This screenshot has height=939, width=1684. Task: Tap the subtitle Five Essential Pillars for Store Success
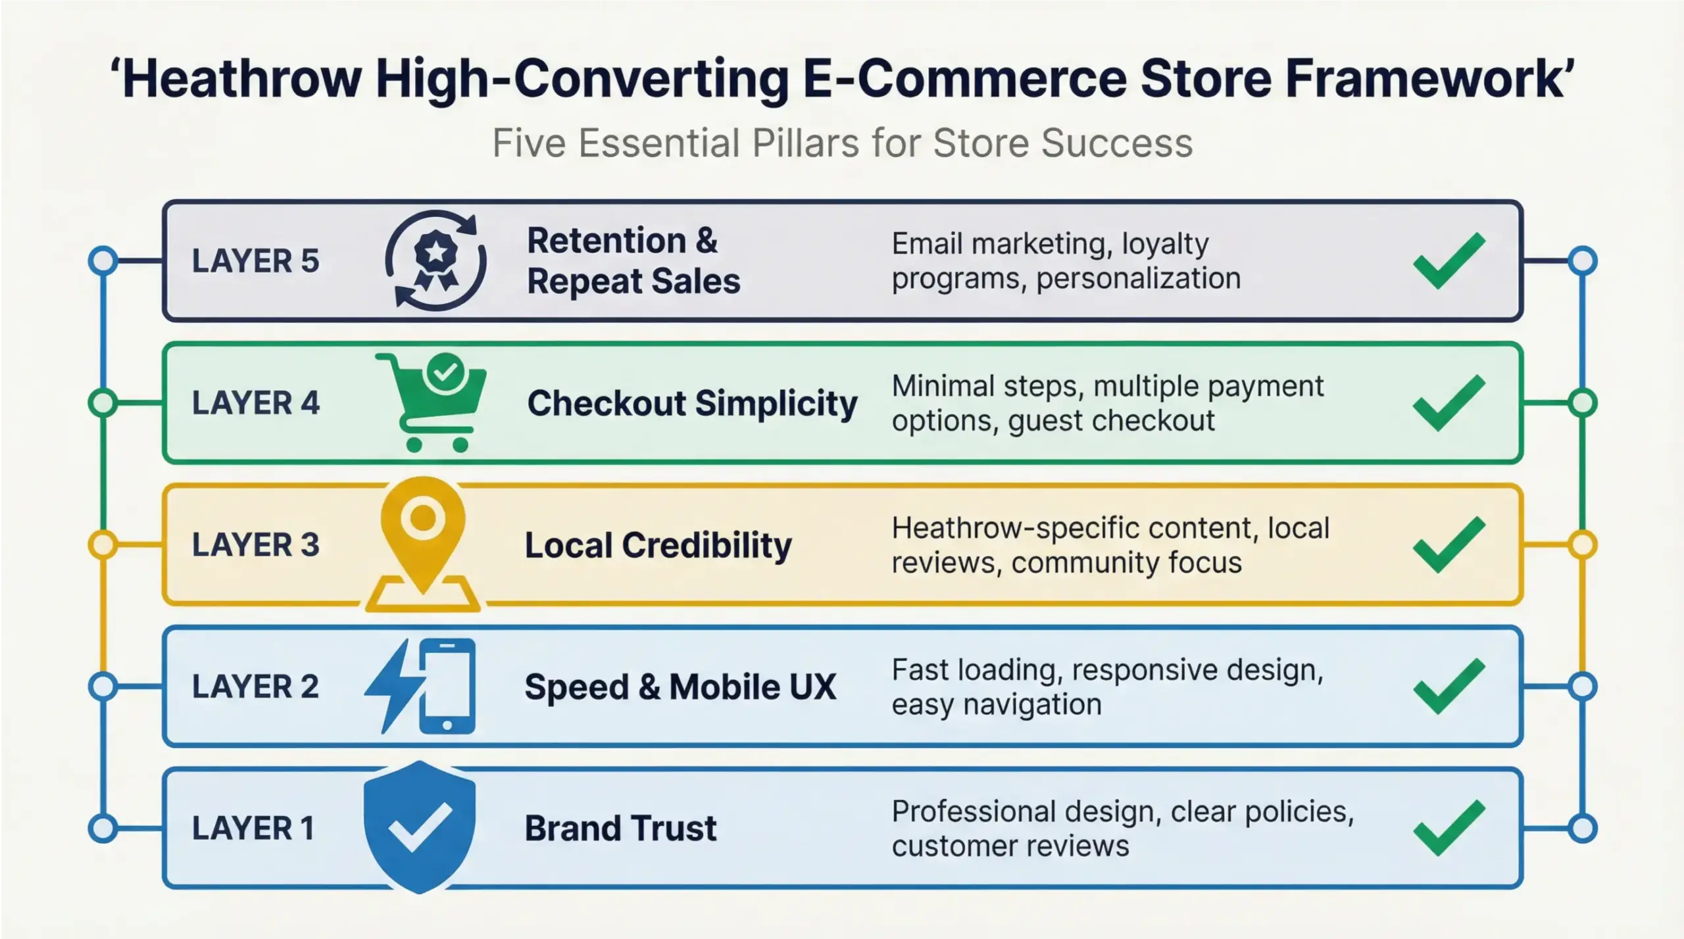pos(843,143)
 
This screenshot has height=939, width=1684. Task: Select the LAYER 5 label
pos(255,261)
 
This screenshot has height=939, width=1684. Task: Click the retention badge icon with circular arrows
pos(435,260)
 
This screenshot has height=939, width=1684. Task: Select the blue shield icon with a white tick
pos(420,827)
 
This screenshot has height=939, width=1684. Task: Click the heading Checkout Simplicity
pos(692,402)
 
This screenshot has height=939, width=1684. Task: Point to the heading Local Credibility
pos(658,545)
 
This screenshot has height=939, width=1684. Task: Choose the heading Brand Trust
pos(620,828)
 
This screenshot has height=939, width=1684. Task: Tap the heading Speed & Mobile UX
pos(680,686)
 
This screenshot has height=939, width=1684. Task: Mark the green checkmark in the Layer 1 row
pos(1449,828)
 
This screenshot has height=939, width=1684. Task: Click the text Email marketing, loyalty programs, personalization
pos(1066,261)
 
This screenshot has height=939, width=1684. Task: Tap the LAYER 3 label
pos(255,544)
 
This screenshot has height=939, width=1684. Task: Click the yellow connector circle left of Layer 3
pos(103,544)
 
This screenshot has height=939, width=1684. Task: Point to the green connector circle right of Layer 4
pos(1582,402)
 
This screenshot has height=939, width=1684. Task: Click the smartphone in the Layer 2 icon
pos(447,686)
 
